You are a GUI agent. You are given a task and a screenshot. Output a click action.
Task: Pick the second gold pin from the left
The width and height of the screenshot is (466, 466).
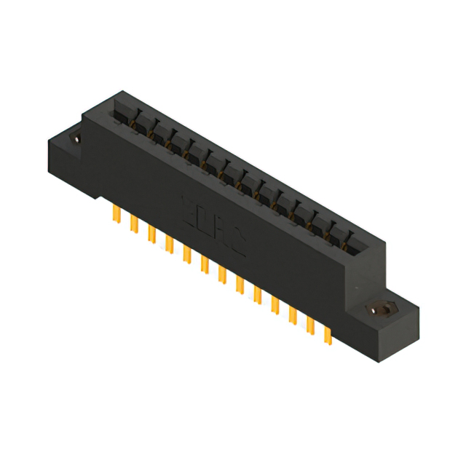click(134, 223)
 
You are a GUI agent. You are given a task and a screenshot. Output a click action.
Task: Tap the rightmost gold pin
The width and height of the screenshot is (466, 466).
click(328, 334)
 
